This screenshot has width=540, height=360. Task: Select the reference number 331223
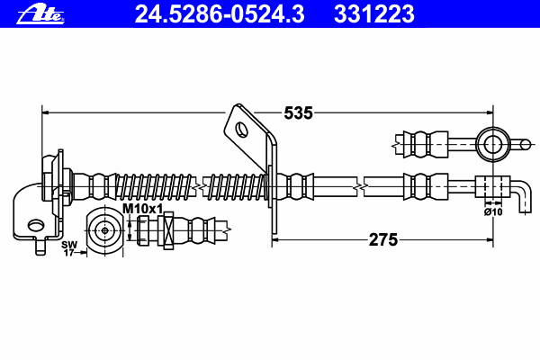373,13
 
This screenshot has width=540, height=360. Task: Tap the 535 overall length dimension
298,112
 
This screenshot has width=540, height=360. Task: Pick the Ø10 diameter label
493,212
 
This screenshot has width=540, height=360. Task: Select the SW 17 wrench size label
68,248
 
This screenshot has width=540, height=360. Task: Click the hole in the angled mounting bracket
242,129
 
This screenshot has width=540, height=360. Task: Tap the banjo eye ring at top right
493,141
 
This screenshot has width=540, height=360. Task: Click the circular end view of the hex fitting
106,229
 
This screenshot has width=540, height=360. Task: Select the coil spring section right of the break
237,187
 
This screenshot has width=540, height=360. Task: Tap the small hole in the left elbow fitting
33,225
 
